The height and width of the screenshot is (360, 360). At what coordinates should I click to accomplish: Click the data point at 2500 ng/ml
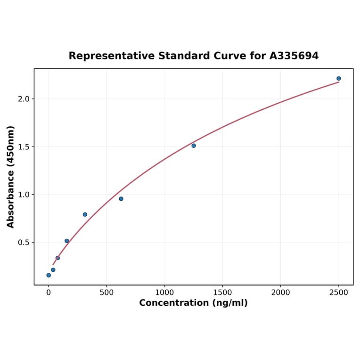(x=338, y=79)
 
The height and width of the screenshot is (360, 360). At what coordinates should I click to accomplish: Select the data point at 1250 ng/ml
(x=194, y=146)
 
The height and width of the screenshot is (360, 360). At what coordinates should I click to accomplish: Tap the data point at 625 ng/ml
(x=121, y=199)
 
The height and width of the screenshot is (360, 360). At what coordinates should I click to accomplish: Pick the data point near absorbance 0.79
(x=85, y=214)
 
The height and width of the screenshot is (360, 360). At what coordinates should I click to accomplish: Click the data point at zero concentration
(x=49, y=275)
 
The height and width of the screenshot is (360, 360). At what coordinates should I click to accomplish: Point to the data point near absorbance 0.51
(x=67, y=241)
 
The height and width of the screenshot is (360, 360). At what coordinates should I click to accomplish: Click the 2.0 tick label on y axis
(x=23, y=99)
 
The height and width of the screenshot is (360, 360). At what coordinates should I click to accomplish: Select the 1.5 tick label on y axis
(x=23, y=147)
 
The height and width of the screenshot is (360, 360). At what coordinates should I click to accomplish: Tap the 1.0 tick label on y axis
(x=23, y=195)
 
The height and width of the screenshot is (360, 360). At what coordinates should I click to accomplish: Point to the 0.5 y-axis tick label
(x=23, y=243)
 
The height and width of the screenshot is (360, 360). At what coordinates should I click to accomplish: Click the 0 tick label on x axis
(x=49, y=293)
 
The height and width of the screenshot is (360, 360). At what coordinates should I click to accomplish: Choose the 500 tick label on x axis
(x=106, y=293)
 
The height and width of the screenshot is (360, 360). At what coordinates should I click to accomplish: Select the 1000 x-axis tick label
(x=164, y=293)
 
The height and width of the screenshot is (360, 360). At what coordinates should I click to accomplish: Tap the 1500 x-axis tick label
(x=222, y=293)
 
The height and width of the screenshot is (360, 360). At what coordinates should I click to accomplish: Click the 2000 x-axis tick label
(x=280, y=293)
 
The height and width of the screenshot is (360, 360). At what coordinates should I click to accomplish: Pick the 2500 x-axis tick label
(x=338, y=293)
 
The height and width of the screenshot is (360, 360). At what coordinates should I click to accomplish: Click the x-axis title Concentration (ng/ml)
(x=193, y=303)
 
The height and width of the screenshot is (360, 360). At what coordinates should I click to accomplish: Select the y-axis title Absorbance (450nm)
(x=11, y=177)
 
